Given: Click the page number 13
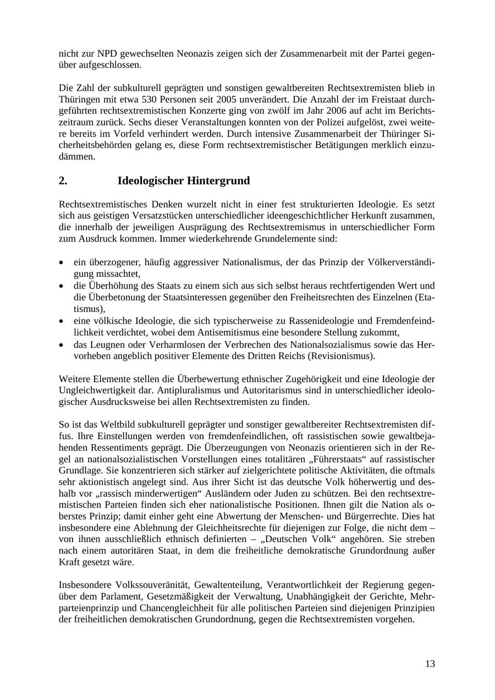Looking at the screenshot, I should pyautogui.click(x=430, y=664).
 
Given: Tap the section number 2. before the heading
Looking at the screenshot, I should pyautogui.click(x=63, y=181).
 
